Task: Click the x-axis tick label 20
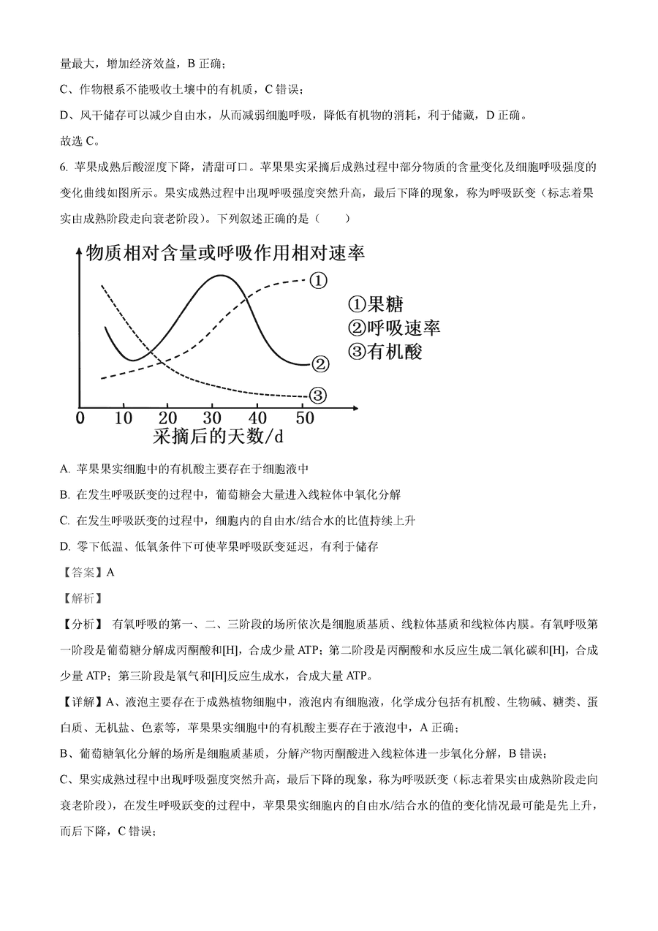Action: pos(168,418)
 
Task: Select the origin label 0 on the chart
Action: pos(80,418)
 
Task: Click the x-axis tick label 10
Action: pos(124,418)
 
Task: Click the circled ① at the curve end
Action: pos(318,281)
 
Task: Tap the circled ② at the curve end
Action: pos(319,363)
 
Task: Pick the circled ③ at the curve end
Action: pos(318,396)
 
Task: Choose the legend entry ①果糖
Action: pos(374,304)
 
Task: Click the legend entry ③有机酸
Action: pos(385,351)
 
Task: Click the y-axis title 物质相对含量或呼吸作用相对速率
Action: pos(225,254)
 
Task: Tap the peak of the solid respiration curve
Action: pos(219,276)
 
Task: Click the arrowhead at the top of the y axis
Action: pos(77,251)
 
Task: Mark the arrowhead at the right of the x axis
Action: pos(356,405)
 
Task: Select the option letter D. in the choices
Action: pos(65,546)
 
